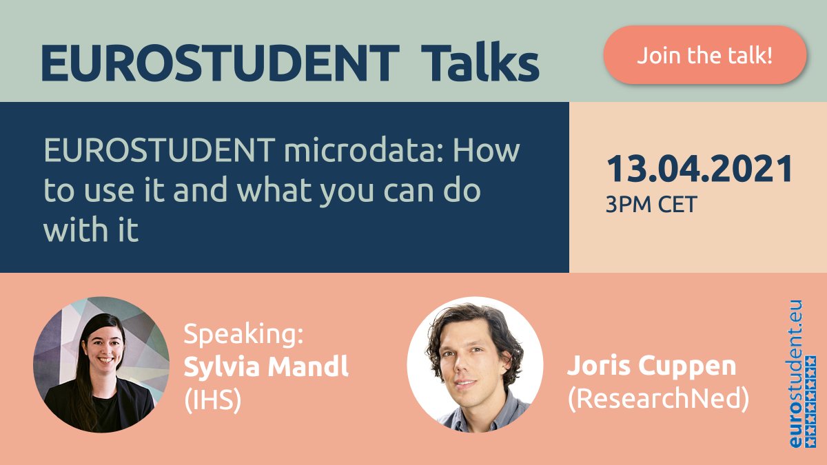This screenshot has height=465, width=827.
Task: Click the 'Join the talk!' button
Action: [704, 55]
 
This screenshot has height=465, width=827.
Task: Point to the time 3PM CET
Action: [651, 205]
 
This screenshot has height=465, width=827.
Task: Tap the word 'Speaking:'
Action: [243, 336]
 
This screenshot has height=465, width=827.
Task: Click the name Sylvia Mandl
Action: [266, 367]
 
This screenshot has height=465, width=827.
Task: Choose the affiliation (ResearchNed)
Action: [657, 400]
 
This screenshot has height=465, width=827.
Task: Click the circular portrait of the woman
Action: [101, 364]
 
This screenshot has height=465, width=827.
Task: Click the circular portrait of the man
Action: [474, 364]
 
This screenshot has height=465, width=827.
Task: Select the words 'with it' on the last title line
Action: [91, 231]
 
